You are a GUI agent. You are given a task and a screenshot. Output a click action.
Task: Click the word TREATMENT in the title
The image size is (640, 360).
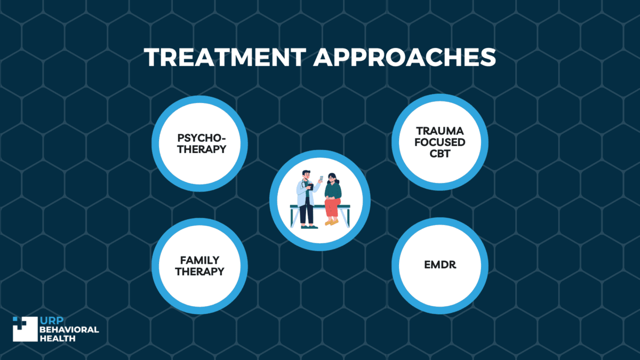pyautogui.click(x=225, y=57)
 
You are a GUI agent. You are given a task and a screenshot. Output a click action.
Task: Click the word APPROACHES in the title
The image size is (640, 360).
pyautogui.click(x=405, y=57)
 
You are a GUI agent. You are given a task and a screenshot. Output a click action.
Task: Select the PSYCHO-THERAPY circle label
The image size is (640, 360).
pyautogui.click(x=202, y=143)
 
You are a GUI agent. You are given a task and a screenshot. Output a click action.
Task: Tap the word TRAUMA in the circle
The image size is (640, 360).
pyautogui.click(x=440, y=131)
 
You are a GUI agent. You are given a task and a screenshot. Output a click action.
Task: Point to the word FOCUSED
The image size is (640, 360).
pyautogui.click(x=440, y=142)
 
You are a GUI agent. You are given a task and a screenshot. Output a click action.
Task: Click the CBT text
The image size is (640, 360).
pyautogui.click(x=440, y=154)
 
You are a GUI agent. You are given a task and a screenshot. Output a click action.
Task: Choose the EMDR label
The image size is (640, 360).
pyautogui.click(x=440, y=265)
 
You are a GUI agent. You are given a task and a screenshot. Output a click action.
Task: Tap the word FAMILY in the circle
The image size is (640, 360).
pyautogui.click(x=199, y=260)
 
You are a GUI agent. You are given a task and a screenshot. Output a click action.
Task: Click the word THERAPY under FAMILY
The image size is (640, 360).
pyautogui.click(x=199, y=271)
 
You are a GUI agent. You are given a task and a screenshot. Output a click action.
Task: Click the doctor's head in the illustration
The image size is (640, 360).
pyautogui.click(x=306, y=175)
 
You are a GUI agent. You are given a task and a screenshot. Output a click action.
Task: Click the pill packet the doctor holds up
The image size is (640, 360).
pyautogui.click(x=322, y=179)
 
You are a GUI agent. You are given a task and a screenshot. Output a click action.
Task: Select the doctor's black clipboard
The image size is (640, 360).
pyautogui.click(x=310, y=187)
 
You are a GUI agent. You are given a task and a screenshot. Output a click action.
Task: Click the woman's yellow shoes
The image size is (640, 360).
pyautogui.click(x=332, y=222)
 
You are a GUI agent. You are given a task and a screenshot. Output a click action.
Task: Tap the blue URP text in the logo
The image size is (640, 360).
pyautogui.click(x=52, y=321)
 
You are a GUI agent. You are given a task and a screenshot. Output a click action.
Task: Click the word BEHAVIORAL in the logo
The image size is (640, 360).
pyautogui.click(x=69, y=330)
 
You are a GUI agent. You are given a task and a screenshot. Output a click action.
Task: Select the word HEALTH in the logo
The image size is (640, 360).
pyautogui.click(x=58, y=339)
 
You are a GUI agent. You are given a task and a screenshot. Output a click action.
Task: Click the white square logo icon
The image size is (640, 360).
pyautogui.click(x=26, y=329)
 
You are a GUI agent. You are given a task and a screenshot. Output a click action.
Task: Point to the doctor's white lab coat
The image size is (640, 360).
pyautogui.click(x=302, y=194)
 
